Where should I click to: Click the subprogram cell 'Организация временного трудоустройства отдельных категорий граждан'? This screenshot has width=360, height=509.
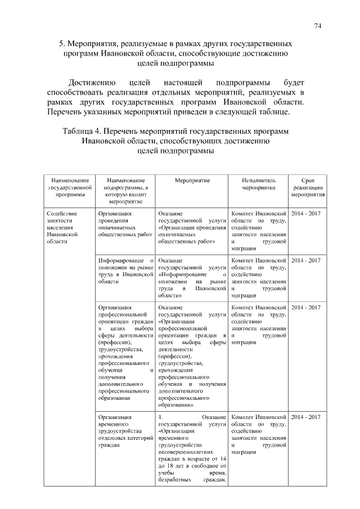[x=125, y=430]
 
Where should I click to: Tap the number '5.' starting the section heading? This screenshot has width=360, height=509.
[x=63, y=43]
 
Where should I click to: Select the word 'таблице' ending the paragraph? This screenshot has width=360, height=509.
[x=274, y=112]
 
